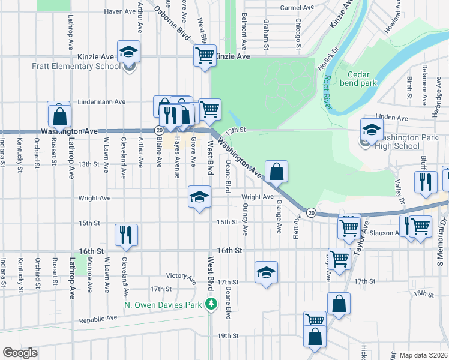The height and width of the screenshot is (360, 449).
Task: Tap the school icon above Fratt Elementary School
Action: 128,52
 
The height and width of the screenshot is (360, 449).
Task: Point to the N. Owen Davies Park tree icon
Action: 211,304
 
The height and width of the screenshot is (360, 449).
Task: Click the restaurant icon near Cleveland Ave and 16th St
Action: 126,234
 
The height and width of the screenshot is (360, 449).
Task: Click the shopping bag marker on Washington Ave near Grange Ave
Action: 276,172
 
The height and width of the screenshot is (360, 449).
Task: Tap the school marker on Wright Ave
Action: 199,196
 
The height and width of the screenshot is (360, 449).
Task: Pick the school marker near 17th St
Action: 266,272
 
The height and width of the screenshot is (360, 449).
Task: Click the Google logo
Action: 20,353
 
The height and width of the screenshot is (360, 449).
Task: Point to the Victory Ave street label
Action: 181,277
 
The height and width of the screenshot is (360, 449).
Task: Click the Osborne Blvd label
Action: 172,23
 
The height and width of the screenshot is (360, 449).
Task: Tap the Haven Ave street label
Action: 120,11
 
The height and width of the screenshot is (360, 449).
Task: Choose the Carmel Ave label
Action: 297,8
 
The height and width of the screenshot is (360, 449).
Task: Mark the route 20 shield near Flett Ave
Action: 311,212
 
